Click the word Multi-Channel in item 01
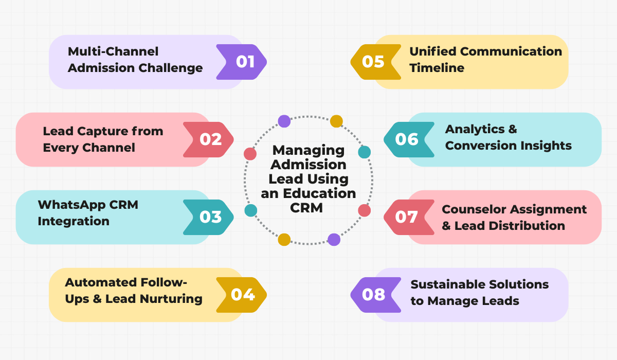click(x=113, y=51)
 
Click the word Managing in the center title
click(x=308, y=150)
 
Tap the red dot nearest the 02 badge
click(x=250, y=154)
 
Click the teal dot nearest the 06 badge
click(x=364, y=152)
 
